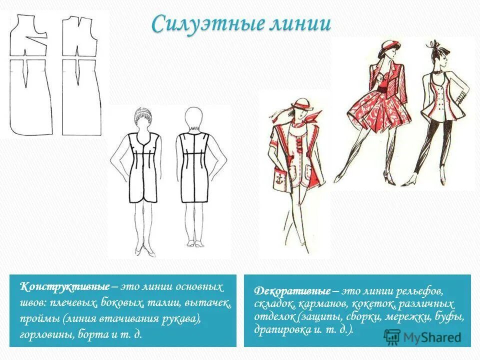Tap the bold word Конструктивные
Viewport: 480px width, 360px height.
(x=64, y=287)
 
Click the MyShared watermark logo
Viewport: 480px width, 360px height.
(x=423, y=337)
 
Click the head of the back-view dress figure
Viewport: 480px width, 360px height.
(x=194, y=118)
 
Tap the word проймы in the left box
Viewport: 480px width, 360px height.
(x=39, y=319)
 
